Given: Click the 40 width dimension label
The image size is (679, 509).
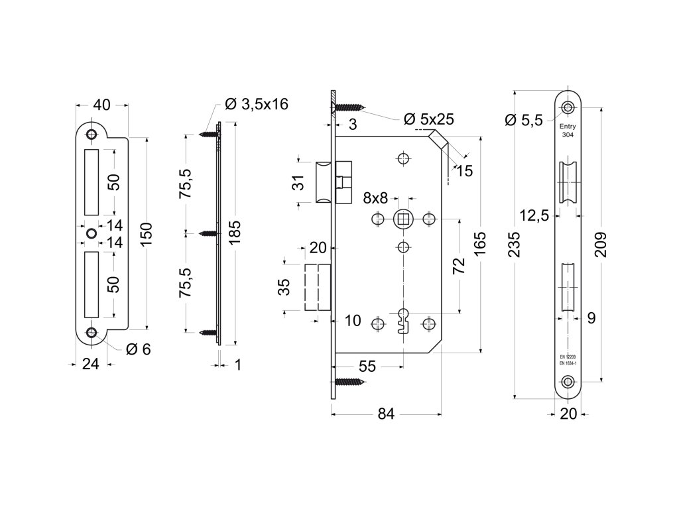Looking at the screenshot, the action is pyautogui.click(x=101, y=104).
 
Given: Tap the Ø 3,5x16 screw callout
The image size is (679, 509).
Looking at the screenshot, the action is pyautogui.click(x=257, y=104).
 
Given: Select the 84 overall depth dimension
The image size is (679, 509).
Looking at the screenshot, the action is pyautogui.click(x=386, y=414).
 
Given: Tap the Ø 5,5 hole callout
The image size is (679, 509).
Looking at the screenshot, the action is pyautogui.click(x=524, y=119).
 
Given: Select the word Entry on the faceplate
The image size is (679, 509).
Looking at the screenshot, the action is pyautogui.click(x=568, y=127).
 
